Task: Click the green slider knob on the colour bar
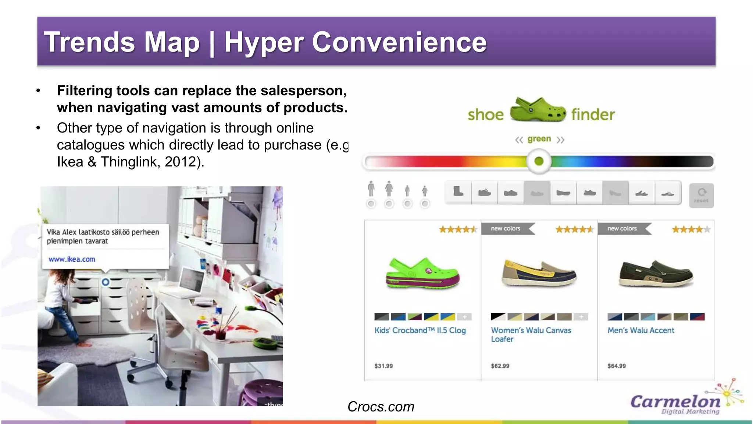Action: pyautogui.click(x=539, y=161)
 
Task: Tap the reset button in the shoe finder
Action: pyautogui.click(x=701, y=195)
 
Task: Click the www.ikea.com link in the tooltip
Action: pyautogui.click(x=72, y=259)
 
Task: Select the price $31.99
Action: pyautogui.click(x=383, y=366)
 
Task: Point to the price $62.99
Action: pyautogui.click(x=500, y=366)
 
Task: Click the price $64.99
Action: pyautogui.click(x=617, y=366)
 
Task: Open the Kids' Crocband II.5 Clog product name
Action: pyautogui.click(x=420, y=330)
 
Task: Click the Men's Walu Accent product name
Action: pyautogui.click(x=641, y=330)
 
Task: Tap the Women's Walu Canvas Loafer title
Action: pyautogui.click(x=531, y=335)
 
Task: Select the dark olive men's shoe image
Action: pyautogui.click(x=656, y=274)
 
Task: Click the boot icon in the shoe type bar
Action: pyautogui.click(x=458, y=192)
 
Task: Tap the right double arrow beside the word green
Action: pyautogui.click(x=560, y=140)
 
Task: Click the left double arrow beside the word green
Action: pyautogui.click(x=519, y=140)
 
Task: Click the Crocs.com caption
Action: pyautogui.click(x=381, y=407)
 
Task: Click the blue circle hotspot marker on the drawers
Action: pyautogui.click(x=106, y=282)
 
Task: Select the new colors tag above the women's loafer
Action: pyautogui.click(x=506, y=229)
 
